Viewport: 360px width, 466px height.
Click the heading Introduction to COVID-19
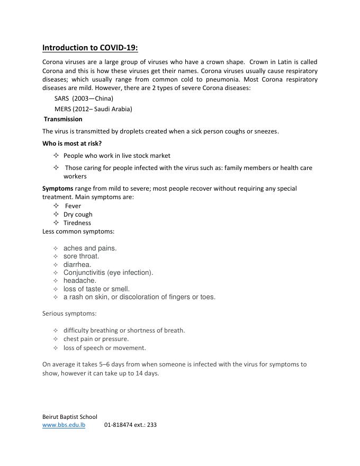click(x=90, y=48)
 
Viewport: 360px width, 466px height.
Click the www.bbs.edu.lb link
click(x=64, y=425)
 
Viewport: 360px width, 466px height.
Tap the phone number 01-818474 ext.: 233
click(x=130, y=425)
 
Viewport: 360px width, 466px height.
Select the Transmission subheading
click(x=63, y=119)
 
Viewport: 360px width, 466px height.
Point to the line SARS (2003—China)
click(x=84, y=98)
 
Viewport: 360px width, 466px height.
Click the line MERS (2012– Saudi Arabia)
click(x=93, y=109)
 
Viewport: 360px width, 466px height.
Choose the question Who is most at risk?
click(x=72, y=144)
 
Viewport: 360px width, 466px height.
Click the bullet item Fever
click(x=73, y=206)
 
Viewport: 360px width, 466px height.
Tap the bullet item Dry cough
click(x=78, y=214)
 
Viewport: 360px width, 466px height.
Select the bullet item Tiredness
click(x=77, y=223)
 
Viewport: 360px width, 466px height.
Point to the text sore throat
click(x=81, y=256)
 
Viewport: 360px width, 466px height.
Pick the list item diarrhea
click(x=77, y=264)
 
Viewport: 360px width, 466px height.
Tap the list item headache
click(x=80, y=281)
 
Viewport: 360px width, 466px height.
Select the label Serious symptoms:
click(x=69, y=313)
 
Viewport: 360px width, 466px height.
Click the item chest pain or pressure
click(x=96, y=339)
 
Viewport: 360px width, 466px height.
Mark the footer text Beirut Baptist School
click(x=70, y=417)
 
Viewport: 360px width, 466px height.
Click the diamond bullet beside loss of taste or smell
click(x=56, y=289)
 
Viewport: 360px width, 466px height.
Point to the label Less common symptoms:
click(x=78, y=231)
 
